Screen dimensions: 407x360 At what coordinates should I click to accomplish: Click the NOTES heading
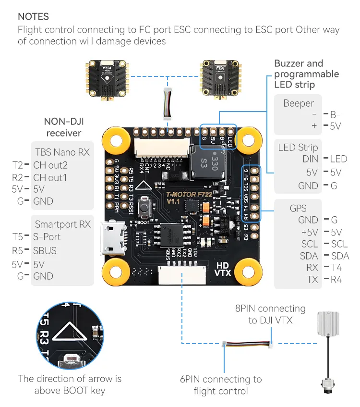33,16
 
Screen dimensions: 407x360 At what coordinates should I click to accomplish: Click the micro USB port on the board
109,238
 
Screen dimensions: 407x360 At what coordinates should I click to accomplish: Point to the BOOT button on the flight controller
143,210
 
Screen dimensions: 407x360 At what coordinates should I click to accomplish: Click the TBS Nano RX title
62,152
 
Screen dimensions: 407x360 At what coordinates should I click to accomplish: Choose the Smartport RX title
62,224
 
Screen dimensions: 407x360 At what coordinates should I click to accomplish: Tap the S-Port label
47,237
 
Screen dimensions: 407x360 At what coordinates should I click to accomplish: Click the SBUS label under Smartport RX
45,250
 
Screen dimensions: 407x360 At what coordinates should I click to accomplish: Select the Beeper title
298,103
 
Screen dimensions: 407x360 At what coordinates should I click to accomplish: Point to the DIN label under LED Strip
310,159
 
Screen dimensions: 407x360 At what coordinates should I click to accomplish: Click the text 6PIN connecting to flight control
221,385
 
